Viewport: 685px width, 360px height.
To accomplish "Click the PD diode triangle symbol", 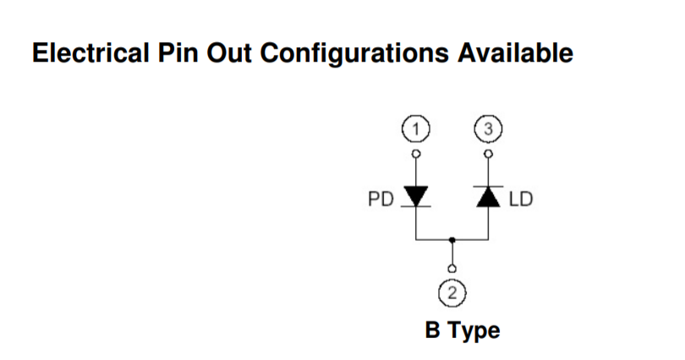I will point(415,196).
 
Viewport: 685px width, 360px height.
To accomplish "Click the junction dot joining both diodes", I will point(453,241).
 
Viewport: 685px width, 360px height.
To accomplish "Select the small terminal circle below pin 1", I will point(415,154).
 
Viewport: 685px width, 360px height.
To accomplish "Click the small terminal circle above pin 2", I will point(453,270).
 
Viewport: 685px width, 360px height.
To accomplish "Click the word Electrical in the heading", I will point(81,54).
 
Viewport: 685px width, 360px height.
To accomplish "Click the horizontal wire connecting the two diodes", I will point(433,241).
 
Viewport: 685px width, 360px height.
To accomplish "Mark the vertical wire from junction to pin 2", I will point(453,254).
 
